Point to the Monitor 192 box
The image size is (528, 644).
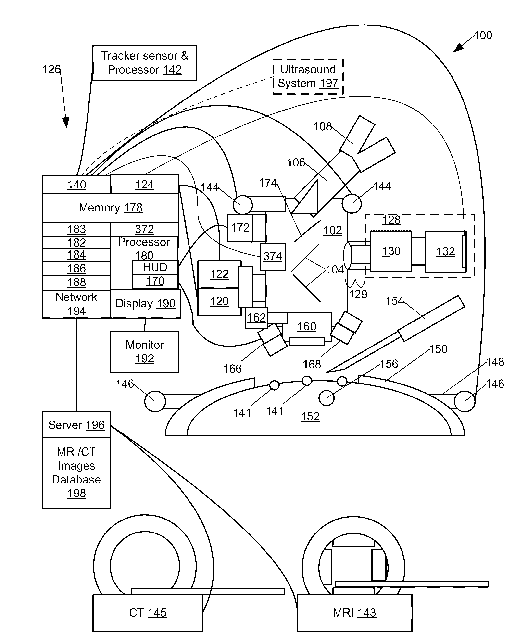click(x=145, y=352)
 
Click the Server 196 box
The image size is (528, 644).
click(x=76, y=424)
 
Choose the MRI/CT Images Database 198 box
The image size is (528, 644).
click(x=76, y=473)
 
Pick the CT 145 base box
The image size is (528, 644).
click(x=148, y=613)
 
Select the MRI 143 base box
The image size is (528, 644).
click(x=354, y=613)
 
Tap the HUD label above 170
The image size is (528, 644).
click(x=155, y=268)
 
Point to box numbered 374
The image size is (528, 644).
click(x=273, y=257)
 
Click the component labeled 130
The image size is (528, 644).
click(x=391, y=251)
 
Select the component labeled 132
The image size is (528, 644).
click(x=446, y=251)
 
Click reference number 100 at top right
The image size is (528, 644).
click(x=483, y=35)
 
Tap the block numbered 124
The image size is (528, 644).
click(x=145, y=184)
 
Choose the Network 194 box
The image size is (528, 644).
click(x=76, y=304)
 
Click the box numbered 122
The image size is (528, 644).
click(x=219, y=274)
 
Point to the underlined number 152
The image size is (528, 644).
click(x=310, y=416)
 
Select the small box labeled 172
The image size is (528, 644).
click(x=240, y=228)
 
